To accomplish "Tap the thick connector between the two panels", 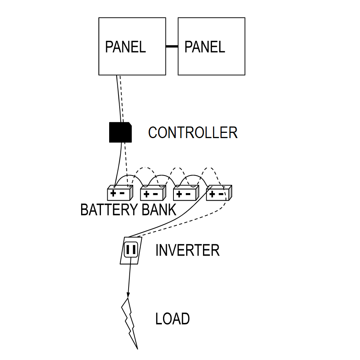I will [172, 46].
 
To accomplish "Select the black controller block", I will [120, 132].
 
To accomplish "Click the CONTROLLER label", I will [193, 133].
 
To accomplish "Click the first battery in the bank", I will [120, 193].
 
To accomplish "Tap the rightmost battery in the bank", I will [219, 193].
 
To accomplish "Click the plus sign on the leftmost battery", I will [114, 193].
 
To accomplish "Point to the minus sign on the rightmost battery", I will [221, 194].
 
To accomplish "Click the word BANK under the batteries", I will [159, 210].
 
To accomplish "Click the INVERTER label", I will [187, 250].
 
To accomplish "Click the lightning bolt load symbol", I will [130, 322].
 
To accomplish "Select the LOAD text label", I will [172, 319].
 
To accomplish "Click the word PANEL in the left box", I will [125, 47].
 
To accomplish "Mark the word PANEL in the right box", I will [204, 47].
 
